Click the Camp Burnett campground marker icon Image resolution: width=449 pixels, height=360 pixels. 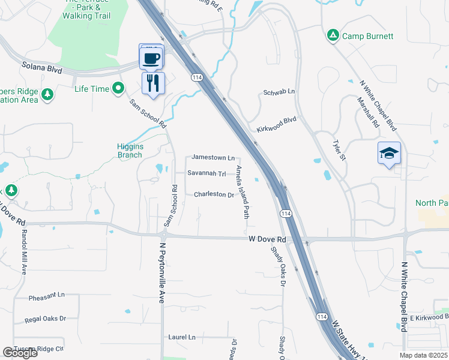pos(333,36)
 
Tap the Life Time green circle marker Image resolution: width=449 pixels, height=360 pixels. pos(119,89)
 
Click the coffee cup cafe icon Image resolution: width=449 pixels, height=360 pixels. pos(151,58)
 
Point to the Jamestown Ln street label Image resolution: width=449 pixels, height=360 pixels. pos(213,158)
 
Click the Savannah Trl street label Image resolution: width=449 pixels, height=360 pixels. pos(206,174)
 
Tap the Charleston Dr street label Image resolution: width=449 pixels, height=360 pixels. pos(214,195)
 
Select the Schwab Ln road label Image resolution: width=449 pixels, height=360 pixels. pos(279,92)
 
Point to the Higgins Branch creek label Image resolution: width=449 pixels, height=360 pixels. pos(130,151)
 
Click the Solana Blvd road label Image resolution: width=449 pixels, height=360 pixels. pos(42,68)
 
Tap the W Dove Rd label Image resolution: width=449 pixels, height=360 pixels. pos(267,239)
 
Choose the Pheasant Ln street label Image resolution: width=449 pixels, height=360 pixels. pos(46,296)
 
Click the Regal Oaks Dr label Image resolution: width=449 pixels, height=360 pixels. pos(45,319)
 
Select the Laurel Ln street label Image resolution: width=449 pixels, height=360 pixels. pos(182,337)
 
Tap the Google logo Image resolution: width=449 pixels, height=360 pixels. pos(20,353)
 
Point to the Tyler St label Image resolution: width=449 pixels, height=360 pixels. pos(340,151)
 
